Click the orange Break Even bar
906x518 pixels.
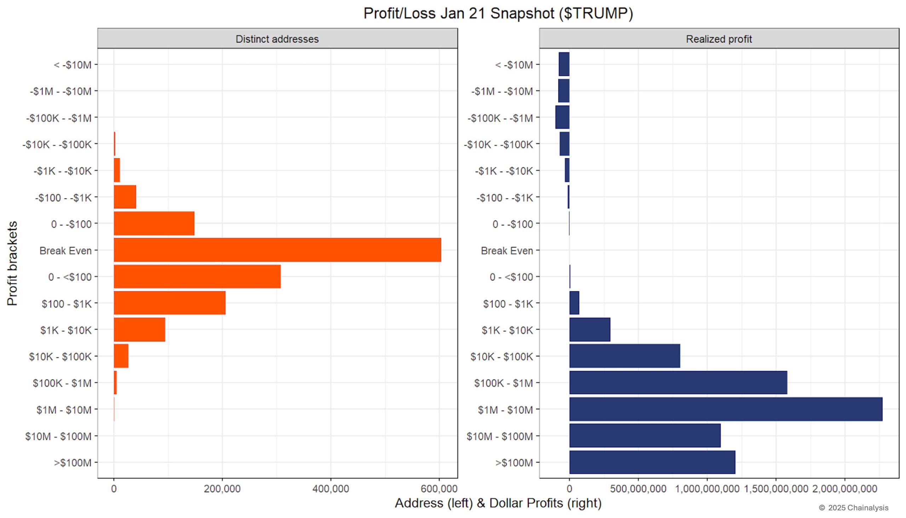point(277,250)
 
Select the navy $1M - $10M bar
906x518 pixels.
point(726,409)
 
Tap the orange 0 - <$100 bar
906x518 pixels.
point(197,277)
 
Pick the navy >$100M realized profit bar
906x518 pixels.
point(652,462)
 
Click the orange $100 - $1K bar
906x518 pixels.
point(170,303)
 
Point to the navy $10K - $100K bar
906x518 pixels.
point(624,356)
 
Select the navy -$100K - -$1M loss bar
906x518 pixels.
point(562,117)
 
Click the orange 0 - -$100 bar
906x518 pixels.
point(154,223)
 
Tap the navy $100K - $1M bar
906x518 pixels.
point(678,383)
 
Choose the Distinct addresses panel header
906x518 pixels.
point(277,39)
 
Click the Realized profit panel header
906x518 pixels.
point(719,39)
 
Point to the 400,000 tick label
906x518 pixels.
point(330,489)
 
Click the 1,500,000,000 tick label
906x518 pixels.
point(776,489)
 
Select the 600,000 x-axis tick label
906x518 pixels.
point(439,489)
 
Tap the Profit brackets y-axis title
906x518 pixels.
point(12,263)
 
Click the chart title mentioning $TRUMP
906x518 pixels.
point(498,13)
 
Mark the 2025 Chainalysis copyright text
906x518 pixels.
point(853,508)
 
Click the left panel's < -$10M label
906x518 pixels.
point(73,65)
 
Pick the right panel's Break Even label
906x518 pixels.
point(506,251)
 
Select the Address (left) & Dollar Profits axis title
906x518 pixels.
point(498,503)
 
